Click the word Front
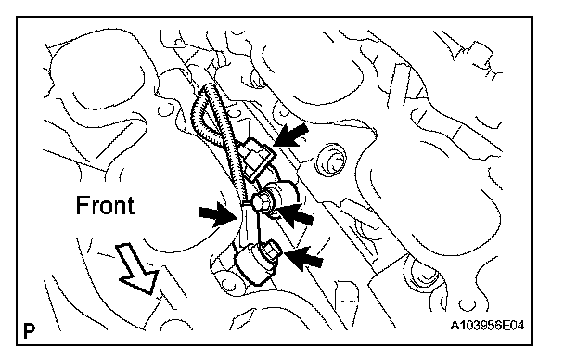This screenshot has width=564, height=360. coord(105,205)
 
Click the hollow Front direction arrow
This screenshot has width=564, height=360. coord(138,267)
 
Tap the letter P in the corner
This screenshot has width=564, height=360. coord(29,331)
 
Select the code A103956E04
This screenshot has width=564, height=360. coord(487,326)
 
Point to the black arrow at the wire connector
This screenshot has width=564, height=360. coord(290,135)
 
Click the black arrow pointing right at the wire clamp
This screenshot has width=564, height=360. coord(217,214)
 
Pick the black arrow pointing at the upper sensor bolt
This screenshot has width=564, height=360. coord(296,214)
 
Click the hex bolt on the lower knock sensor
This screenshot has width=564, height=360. coord(271,249)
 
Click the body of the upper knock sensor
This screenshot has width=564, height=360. coord(284,195)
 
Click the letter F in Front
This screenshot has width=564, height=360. coord(82,205)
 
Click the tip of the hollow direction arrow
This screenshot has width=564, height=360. coord(149,294)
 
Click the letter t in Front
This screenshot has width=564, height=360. coord(132,206)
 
